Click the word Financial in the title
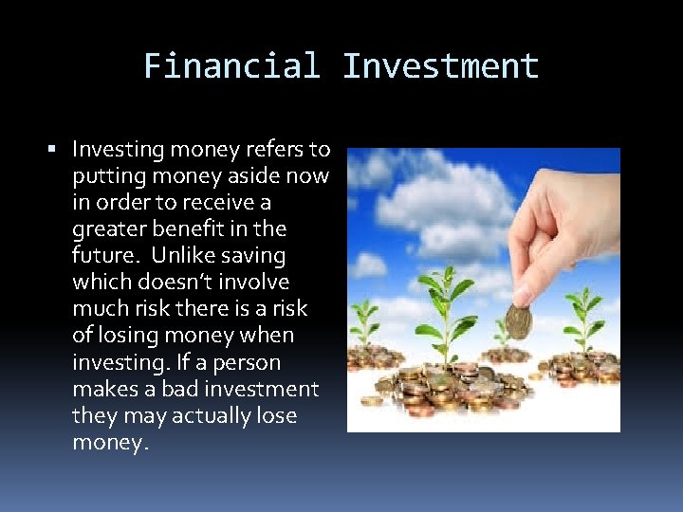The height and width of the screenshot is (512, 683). [x=231, y=66]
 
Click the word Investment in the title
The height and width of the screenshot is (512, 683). [x=440, y=66]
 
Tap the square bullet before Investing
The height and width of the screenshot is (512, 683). [x=52, y=150]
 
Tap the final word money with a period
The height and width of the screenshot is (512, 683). [x=110, y=443]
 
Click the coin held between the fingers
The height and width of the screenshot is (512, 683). [x=518, y=322]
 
